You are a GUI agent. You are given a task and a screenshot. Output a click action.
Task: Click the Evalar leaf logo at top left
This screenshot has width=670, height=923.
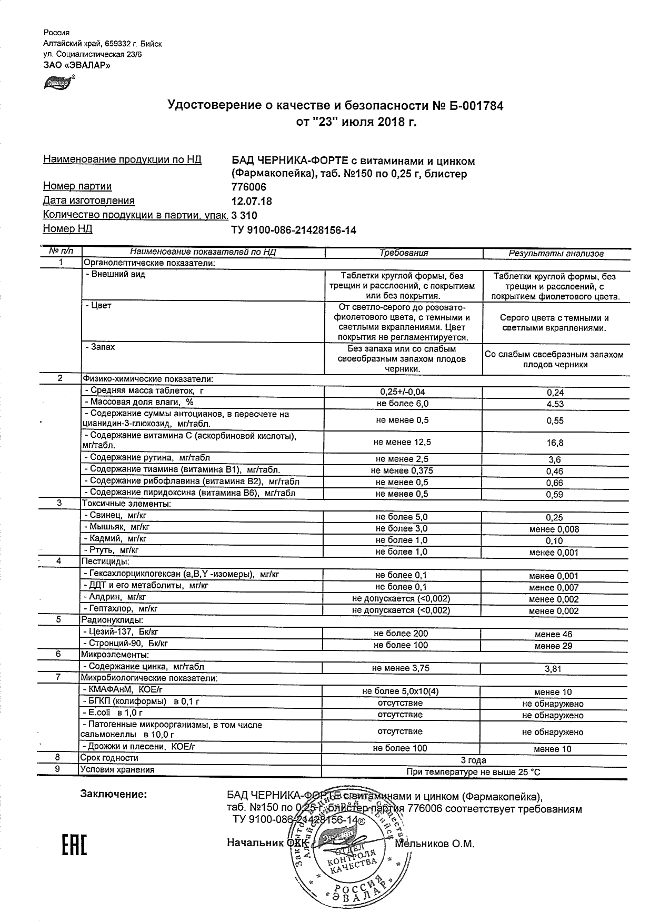tap(59, 82)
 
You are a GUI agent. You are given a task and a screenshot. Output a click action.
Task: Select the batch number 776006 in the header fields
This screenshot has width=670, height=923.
tap(249, 187)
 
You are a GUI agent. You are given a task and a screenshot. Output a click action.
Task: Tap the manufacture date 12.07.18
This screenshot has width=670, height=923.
tap(252, 202)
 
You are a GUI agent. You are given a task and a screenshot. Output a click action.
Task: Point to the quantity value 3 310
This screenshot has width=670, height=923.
tap(245, 216)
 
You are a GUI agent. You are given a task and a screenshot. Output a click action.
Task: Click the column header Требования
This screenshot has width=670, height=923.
tap(404, 253)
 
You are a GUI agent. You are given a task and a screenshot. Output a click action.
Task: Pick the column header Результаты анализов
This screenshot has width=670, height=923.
tap(556, 254)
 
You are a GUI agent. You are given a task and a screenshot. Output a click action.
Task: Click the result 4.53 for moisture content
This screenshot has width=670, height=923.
tap(555, 404)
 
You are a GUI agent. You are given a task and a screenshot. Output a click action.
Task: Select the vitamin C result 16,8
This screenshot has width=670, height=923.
tap(555, 443)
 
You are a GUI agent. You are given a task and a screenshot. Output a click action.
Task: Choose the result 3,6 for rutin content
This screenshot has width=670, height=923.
tap(555, 460)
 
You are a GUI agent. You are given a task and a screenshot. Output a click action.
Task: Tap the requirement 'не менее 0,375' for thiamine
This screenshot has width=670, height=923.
tap(402, 471)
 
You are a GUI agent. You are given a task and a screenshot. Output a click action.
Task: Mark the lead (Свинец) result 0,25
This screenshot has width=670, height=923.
tap(555, 518)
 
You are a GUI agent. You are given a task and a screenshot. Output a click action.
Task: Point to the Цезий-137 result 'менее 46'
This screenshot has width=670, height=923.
tap(554, 635)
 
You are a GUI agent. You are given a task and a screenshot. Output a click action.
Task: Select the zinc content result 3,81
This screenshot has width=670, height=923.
tap(555, 669)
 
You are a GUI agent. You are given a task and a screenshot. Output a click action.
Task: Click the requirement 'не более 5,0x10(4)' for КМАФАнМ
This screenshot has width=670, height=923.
tap(401, 691)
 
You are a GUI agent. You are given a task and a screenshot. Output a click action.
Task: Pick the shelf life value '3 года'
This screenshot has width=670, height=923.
tap(473, 760)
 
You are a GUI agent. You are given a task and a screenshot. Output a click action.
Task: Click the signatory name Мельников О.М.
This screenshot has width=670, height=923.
tap(434, 844)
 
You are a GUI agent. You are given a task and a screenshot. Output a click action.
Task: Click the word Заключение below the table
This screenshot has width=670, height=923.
tap(113, 794)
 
